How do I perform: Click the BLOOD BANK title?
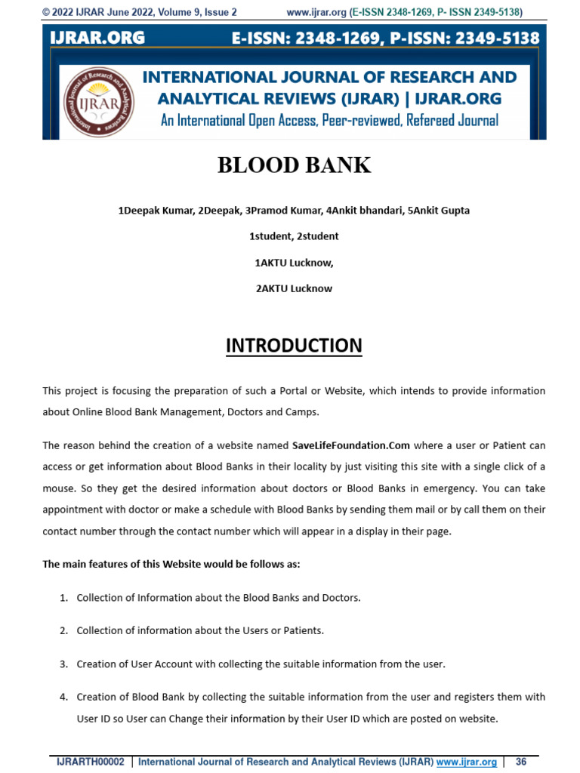294,165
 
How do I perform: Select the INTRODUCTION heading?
294,346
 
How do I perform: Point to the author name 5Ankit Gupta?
438,211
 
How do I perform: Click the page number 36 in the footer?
520,762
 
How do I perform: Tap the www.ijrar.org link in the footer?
466,762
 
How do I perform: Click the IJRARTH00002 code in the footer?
91,762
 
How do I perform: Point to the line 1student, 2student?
294,236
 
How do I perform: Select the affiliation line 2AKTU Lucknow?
294,288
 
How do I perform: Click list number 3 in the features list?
64,664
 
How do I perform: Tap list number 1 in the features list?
64,598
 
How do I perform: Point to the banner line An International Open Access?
329,121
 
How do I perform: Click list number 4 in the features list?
64,697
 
